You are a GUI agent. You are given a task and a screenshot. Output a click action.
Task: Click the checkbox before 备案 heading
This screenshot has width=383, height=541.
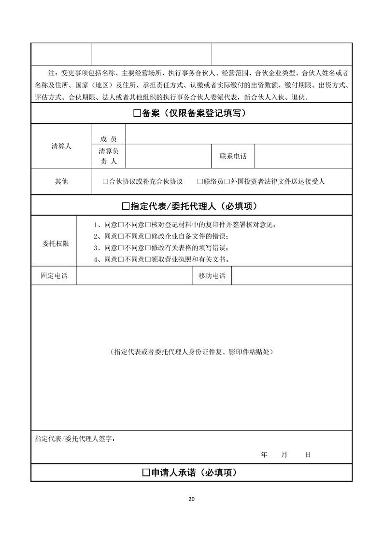coord(137,114)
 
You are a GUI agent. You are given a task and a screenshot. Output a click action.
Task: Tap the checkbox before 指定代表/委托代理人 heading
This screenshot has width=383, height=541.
coord(126,206)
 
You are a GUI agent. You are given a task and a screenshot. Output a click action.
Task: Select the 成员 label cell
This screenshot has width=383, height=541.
coord(109,139)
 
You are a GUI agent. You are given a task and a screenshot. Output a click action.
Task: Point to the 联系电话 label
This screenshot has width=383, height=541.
coord(233,157)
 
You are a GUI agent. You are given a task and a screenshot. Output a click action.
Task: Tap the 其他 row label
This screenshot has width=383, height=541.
coord(61,182)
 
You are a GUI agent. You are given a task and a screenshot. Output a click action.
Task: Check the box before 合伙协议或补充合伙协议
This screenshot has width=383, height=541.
coord(105,182)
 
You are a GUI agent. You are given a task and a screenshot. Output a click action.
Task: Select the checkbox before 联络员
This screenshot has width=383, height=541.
coord(199,182)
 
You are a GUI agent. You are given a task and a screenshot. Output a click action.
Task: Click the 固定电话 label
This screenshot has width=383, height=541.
coord(54,276)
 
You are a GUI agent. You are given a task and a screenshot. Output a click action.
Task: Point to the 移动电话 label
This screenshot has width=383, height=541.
coord(212,276)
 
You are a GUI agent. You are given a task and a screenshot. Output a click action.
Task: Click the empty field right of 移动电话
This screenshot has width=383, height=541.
coord(292,276)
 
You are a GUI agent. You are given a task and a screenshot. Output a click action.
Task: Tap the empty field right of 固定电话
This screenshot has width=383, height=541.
coord(134,276)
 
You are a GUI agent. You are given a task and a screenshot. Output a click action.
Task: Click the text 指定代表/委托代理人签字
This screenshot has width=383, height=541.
coord(75,439)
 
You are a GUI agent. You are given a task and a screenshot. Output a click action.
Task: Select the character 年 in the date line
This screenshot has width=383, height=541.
coord(264,455)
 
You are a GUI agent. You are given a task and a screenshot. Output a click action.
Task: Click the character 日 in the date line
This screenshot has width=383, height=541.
coord(308,455)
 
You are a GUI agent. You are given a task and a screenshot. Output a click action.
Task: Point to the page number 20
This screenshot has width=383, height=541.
coord(191,499)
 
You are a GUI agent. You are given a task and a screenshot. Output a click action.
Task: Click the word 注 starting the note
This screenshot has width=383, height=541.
coord(52,73)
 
